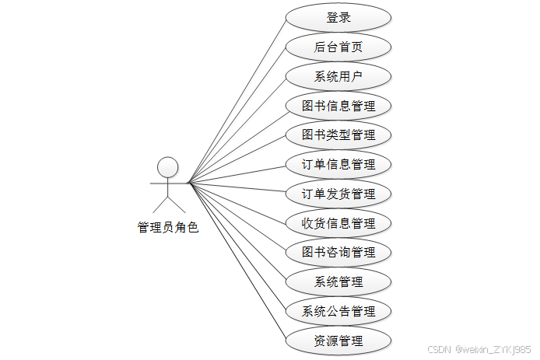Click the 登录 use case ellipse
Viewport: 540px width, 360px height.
tap(338, 18)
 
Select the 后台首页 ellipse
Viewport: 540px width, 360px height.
tap(338, 47)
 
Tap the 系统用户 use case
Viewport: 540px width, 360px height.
tap(338, 76)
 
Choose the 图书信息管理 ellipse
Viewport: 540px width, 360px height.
tap(338, 106)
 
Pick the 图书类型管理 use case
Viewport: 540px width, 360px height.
tap(338, 135)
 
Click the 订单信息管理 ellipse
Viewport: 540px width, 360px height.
tap(338, 165)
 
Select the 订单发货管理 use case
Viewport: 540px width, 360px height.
tap(338, 194)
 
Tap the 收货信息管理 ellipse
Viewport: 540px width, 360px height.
tap(338, 223)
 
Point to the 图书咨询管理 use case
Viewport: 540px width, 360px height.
tap(338, 253)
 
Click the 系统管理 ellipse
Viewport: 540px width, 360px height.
tap(338, 281)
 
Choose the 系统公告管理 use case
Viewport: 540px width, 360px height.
tap(338, 311)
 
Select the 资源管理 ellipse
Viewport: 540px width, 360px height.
tap(338, 341)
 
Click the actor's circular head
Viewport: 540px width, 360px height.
tap(168, 166)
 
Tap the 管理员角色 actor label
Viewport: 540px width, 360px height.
tap(168, 228)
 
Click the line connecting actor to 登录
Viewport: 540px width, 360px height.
tap(237, 100)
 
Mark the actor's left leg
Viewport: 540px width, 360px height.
tap(160, 204)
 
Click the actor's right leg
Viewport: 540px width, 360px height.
tap(177, 204)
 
